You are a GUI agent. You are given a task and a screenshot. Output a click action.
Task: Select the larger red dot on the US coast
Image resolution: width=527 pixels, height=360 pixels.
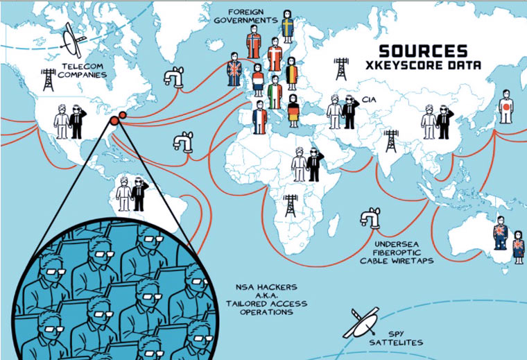[x=114, y=123]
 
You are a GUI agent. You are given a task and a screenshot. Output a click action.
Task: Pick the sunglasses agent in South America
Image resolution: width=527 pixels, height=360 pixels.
[x=138, y=194]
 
